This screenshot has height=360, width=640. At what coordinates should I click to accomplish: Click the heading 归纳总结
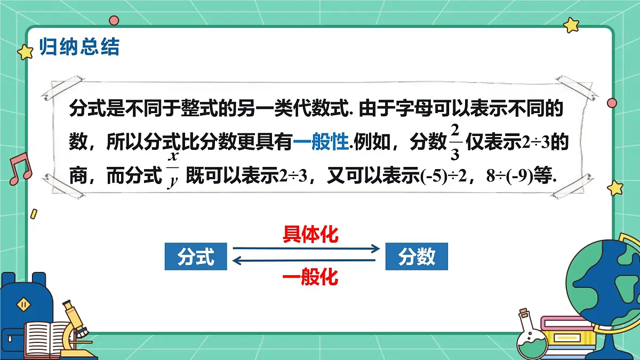point(79,47)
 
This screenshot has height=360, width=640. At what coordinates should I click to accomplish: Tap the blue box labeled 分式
point(196,258)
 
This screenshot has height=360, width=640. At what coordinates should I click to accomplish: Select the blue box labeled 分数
point(417,258)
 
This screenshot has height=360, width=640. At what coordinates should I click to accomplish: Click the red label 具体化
point(310,235)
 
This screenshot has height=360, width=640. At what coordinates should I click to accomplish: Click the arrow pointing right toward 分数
point(306,249)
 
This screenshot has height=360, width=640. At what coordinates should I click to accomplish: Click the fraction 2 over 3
point(454,141)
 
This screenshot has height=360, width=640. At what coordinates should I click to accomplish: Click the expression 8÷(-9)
point(510,177)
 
